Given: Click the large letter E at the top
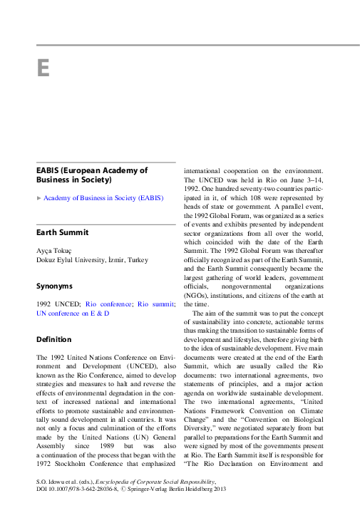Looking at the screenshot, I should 43,68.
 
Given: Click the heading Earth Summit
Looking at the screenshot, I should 63,232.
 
